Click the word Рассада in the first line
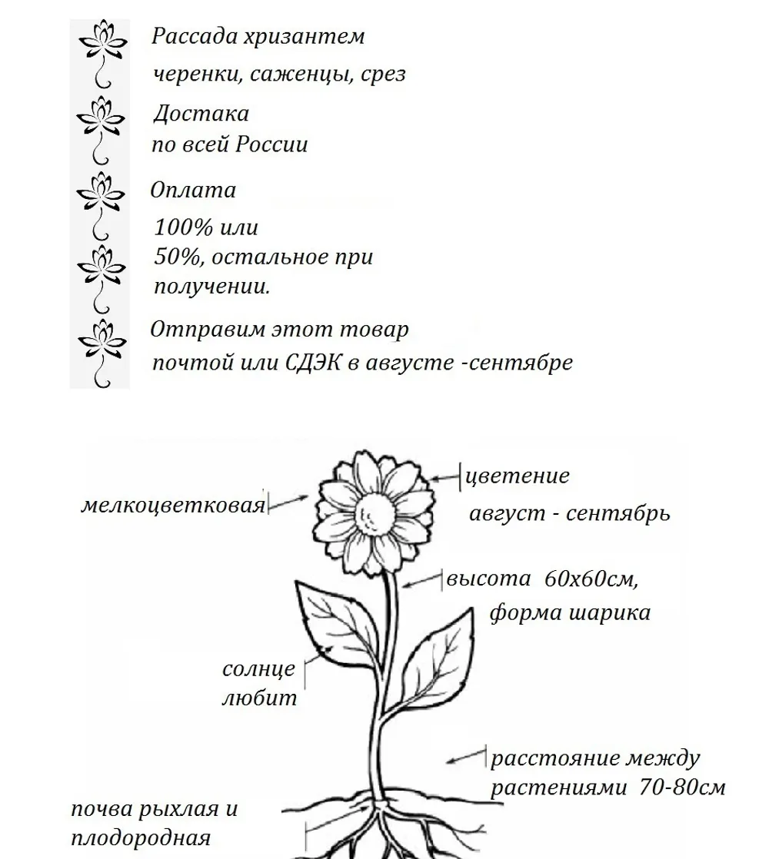click(194, 36)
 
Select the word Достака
click(201, 114)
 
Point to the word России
click(271, 144)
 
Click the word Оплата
click(193, 190)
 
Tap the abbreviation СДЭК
click(313, 362)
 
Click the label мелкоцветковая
click(173, 505)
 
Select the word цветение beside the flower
click(517, 476)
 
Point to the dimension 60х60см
click(591, 579)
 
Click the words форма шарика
click(570, 612)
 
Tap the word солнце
click(258, 669)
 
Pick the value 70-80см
click(682, 788)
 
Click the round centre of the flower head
click(375, 513)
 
